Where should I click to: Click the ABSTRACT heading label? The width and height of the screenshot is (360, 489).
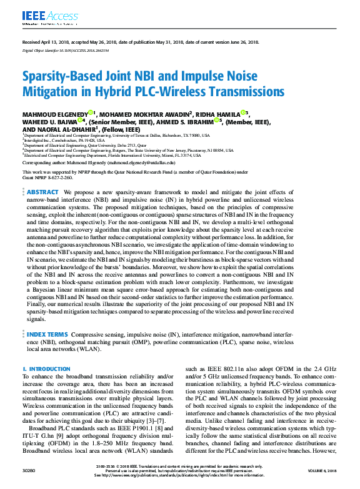tap(43, 192)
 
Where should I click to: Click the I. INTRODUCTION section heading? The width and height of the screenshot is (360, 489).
tap(47, 369)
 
